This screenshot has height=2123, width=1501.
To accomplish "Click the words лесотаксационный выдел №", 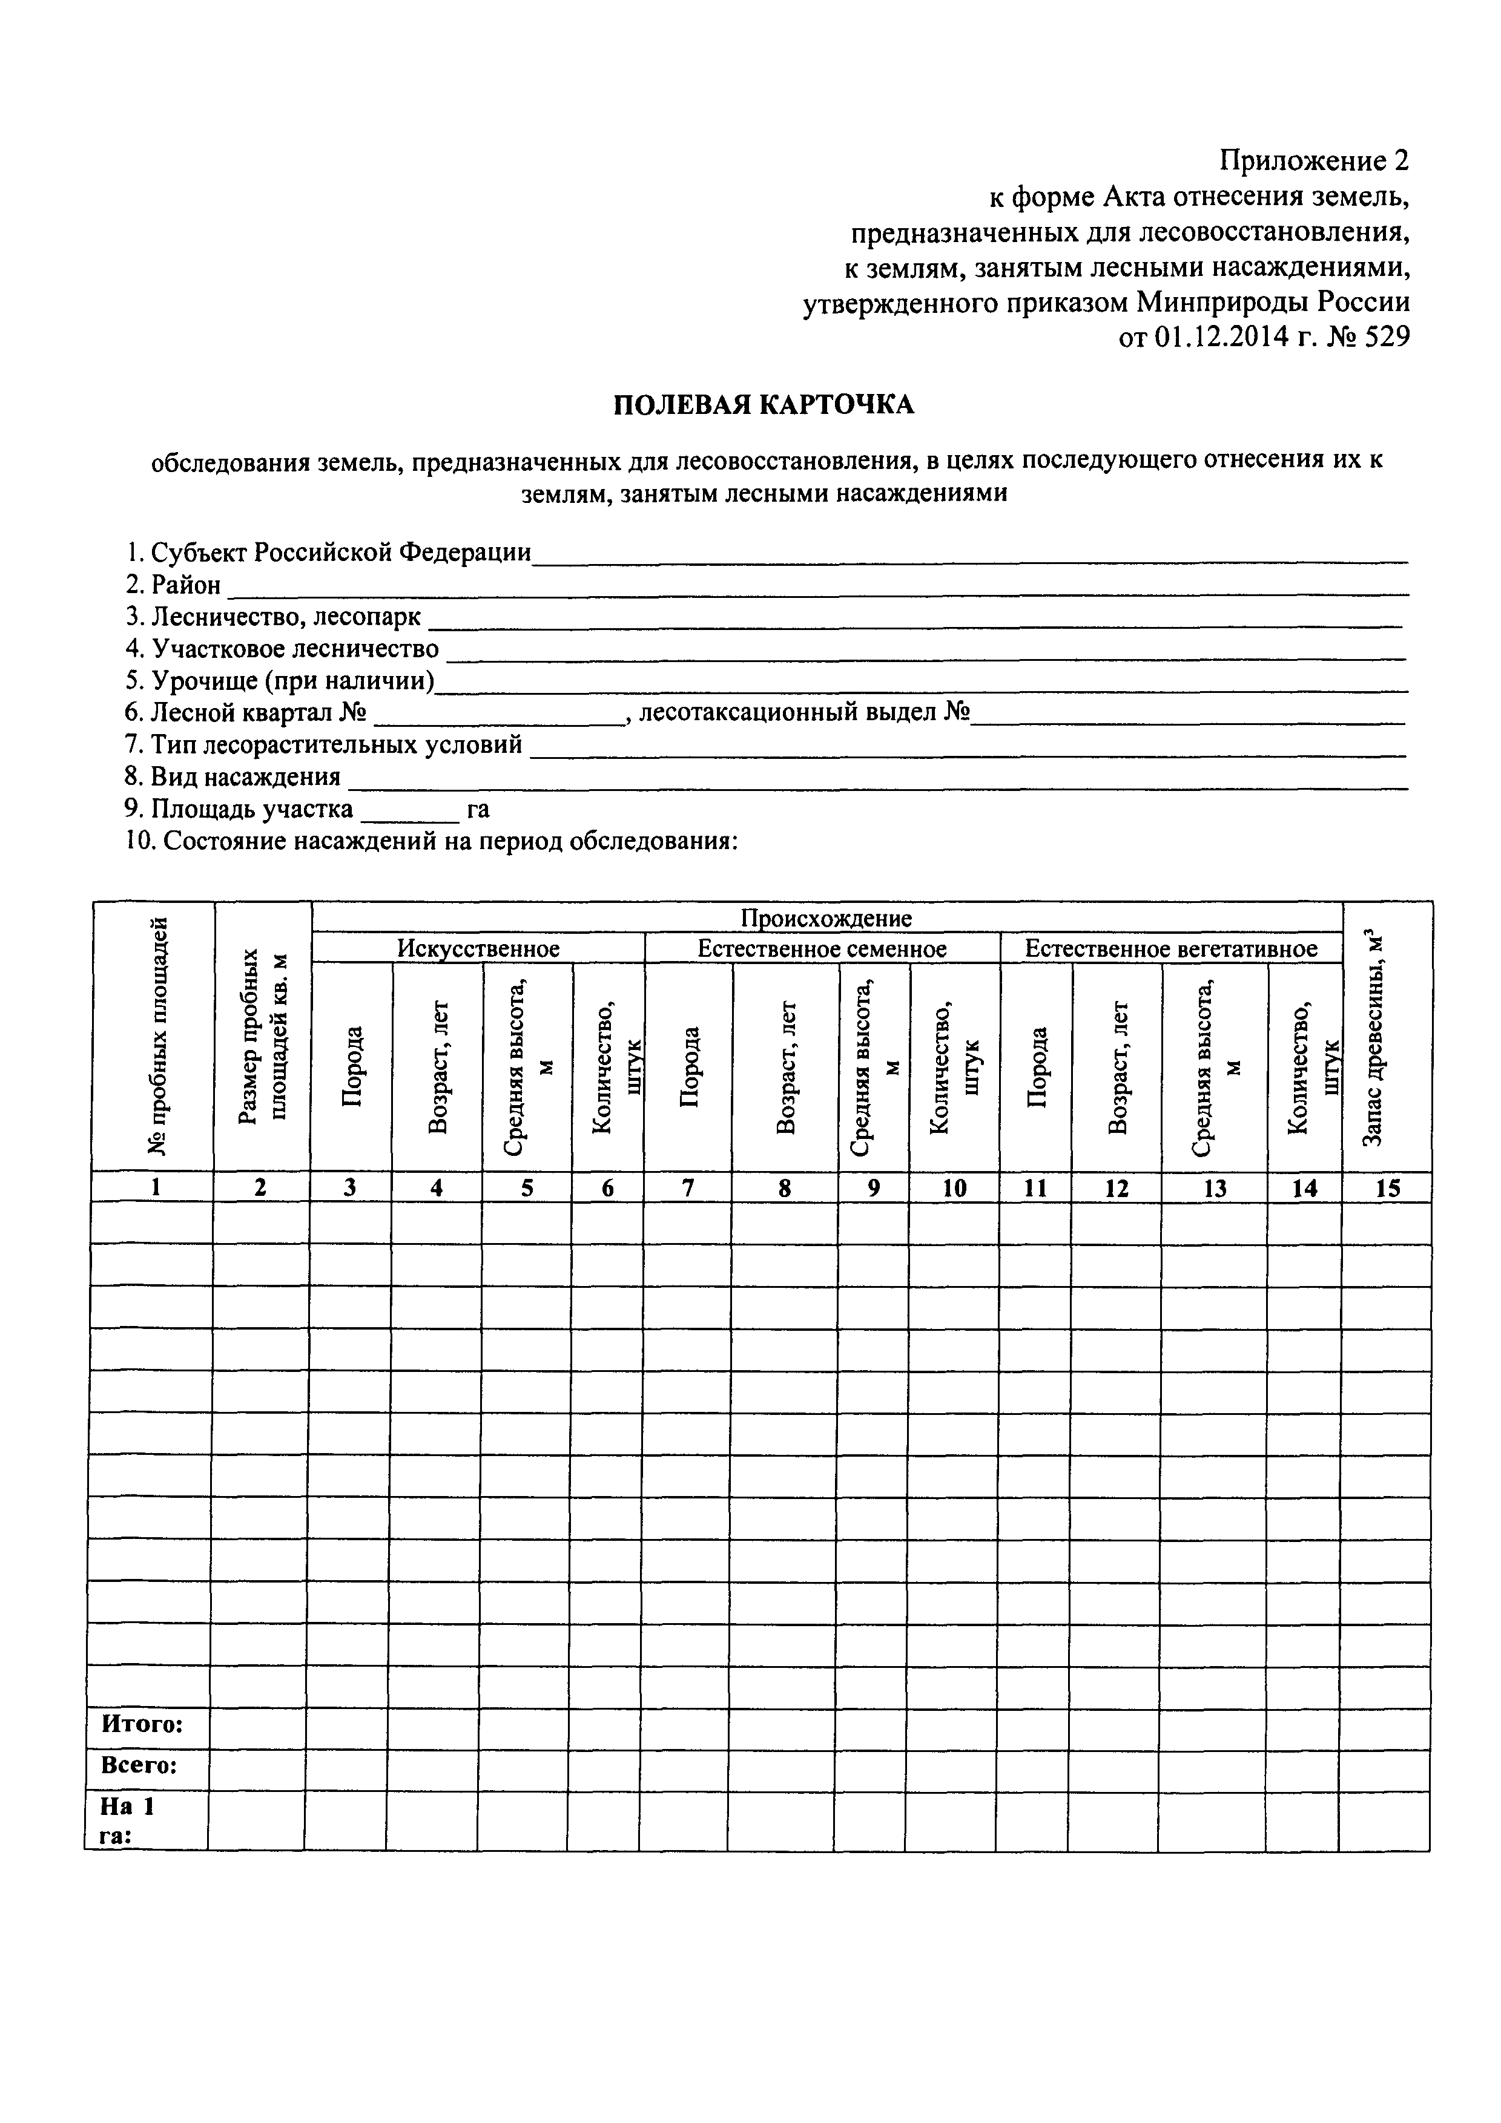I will [x=803, y=713].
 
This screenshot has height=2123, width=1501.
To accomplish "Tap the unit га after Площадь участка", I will [x=478, y=809].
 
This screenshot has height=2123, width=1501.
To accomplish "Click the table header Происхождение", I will [x=826, y=917].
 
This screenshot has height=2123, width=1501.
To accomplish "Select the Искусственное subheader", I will [x=478, y=949].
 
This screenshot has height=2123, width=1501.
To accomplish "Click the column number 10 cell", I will [x=954, y=1188].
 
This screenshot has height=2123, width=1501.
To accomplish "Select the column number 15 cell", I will [x=1387, y=1188].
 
